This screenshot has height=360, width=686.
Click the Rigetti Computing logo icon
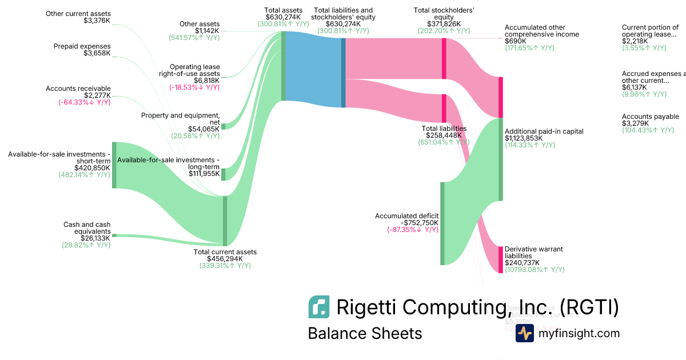point(318,307)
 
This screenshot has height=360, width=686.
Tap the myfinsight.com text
point(579,333)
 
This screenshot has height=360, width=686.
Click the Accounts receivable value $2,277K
point(97,95)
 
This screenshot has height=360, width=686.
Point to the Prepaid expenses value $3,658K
point(97,54)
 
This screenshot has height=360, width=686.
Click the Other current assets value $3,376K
point(97,21)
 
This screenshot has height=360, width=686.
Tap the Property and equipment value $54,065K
point(204,129)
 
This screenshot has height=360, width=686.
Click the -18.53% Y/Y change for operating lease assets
point(194,87)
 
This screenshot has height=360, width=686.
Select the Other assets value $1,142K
point(208,31)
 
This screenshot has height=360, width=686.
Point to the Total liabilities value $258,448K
point(444,135)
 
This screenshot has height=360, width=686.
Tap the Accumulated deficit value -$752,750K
point(420,223)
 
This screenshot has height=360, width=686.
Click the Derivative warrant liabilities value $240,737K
point(522,263)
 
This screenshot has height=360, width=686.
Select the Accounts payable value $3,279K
point(636,123)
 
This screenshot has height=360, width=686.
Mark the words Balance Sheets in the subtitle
point(365,333)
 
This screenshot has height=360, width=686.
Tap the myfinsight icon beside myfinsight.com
point(524,333)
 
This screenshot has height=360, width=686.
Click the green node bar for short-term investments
point(114,165)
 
